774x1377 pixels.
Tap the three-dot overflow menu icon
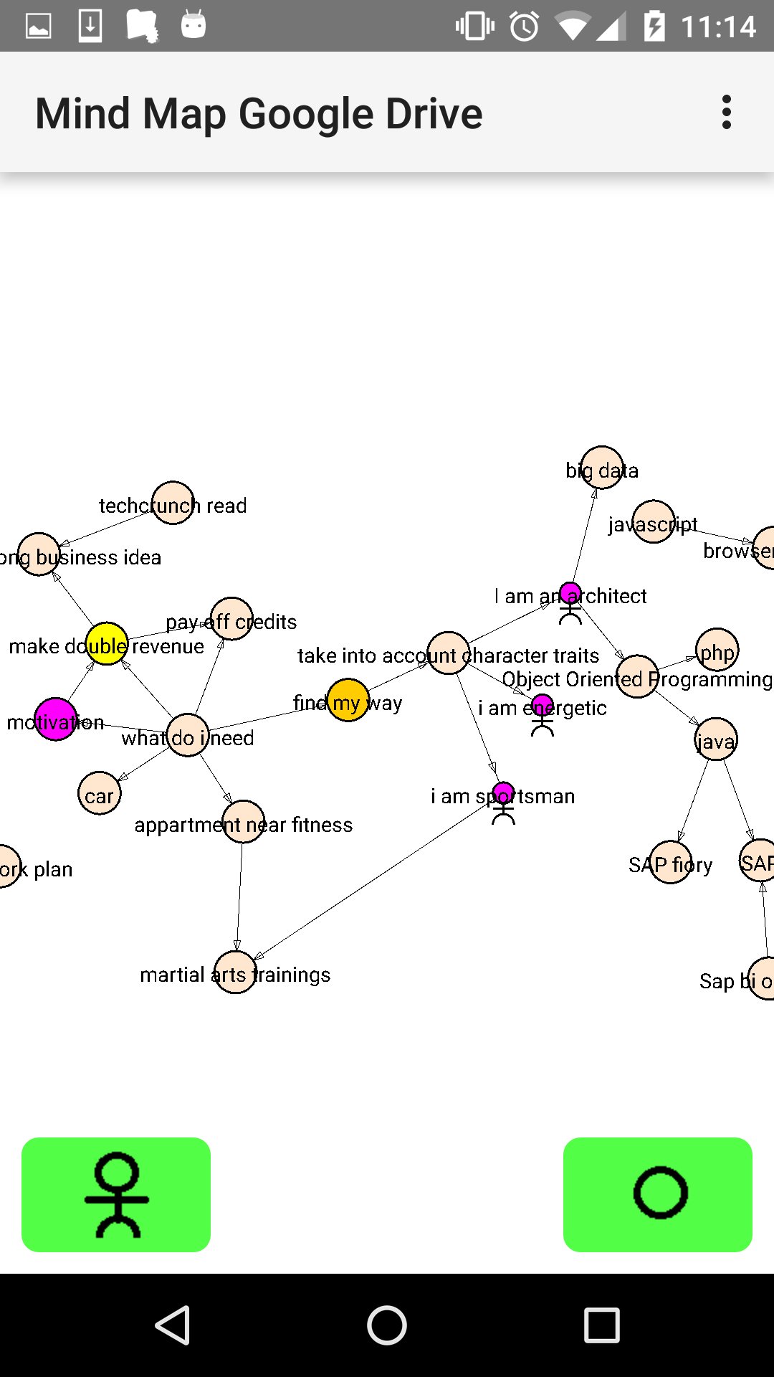point(727,113)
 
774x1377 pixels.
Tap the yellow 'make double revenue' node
point(107,643)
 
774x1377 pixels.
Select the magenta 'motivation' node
point(55,719)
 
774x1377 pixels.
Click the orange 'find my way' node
point(348,700)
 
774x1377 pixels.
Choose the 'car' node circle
point(99,793)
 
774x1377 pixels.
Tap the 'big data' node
point(601,468)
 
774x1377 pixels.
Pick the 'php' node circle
point(717,650)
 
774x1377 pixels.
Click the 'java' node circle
point(715,739)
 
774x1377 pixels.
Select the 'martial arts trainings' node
point(235,973)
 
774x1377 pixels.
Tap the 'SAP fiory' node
point(671,863)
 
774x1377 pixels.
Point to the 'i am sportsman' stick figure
point(504,803)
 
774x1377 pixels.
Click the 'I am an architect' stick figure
point(570,602)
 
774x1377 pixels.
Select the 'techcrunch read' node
point(173,503)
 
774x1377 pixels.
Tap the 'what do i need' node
point(188,735)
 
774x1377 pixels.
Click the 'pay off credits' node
point(231,618)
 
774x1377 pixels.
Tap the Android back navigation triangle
point(173,1325)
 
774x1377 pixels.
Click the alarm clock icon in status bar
point(524,27)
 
